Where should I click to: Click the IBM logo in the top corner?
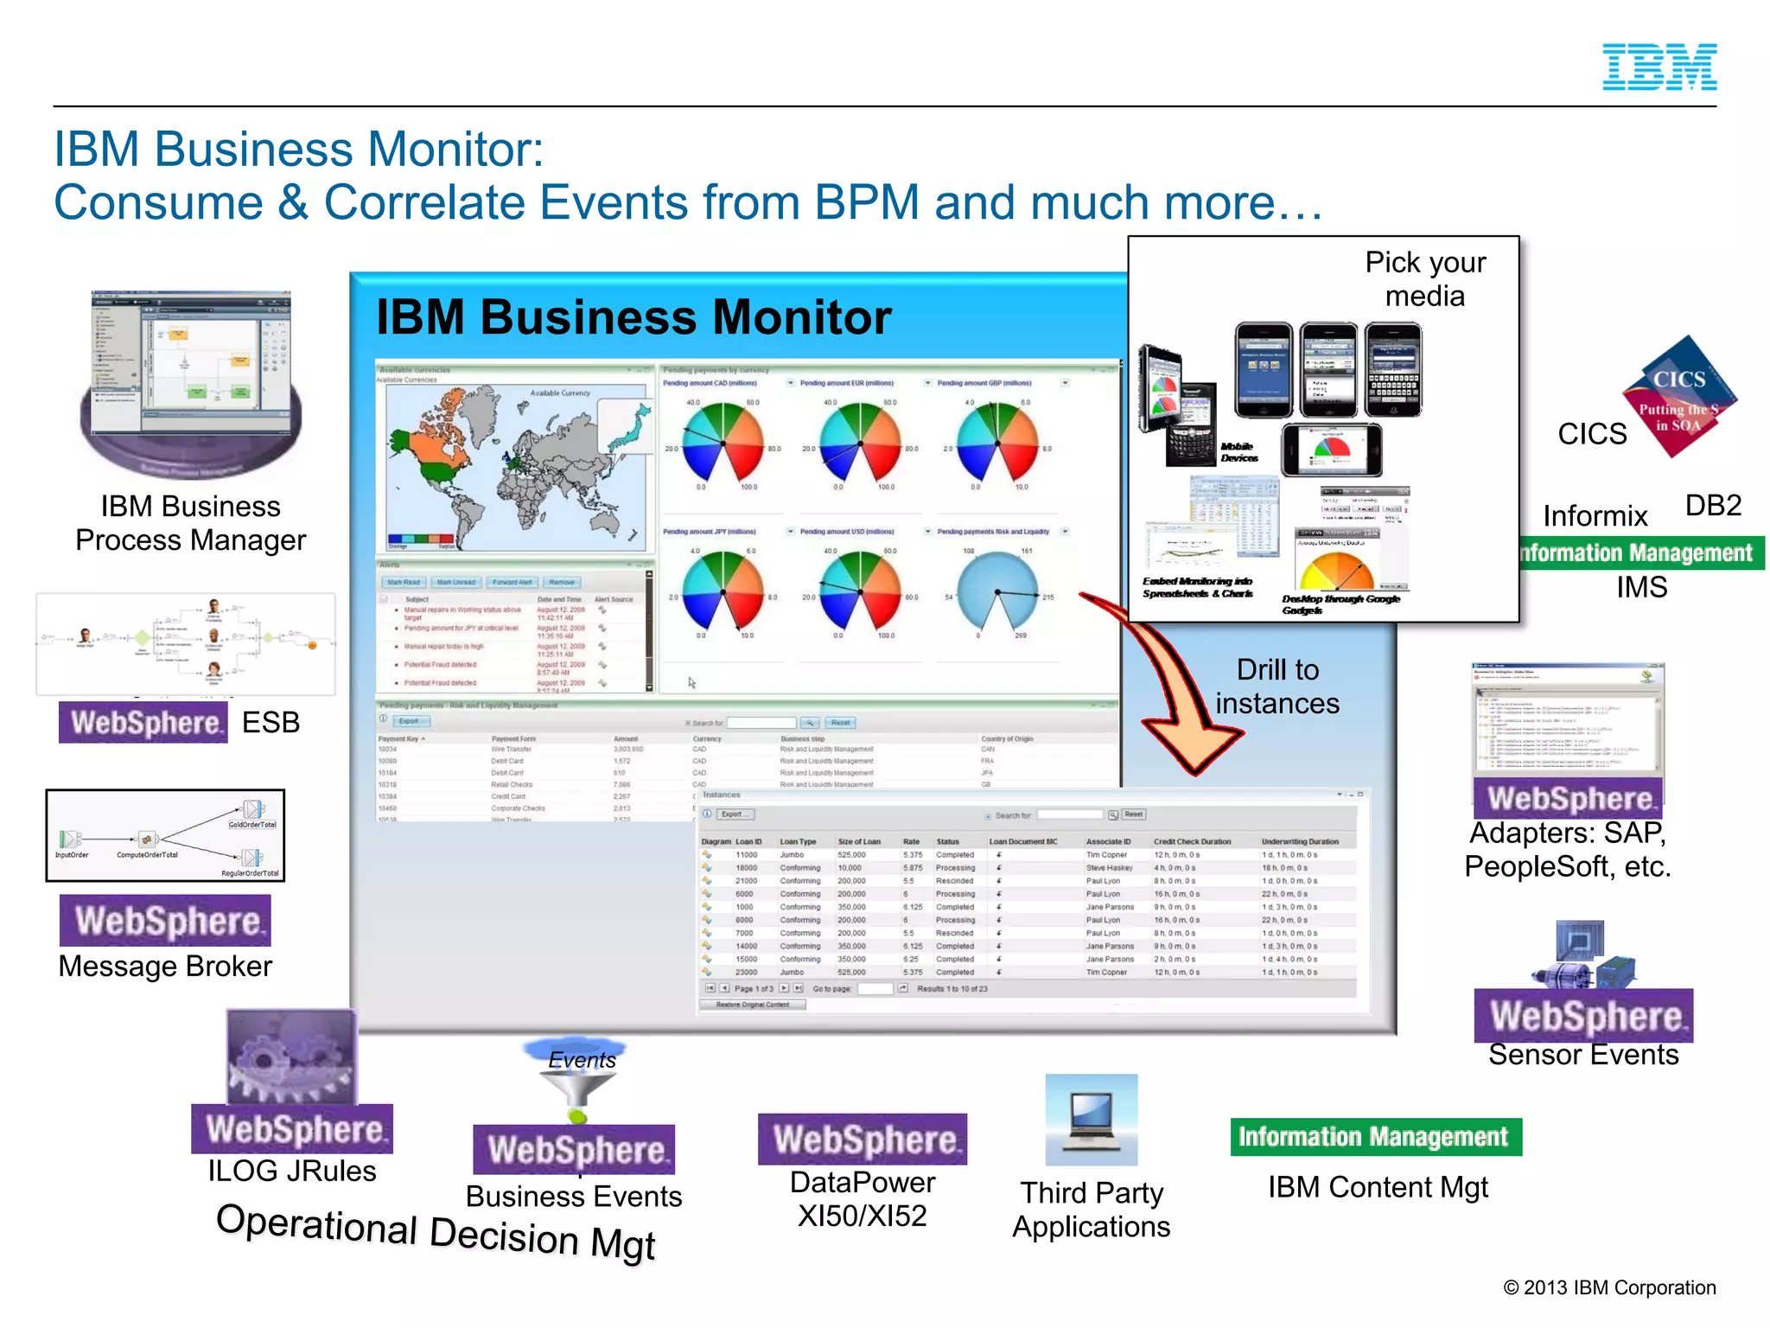pyautogui.click(x=1659, y=67)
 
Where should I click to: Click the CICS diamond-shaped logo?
pyautogui.click(x=1680, y=397)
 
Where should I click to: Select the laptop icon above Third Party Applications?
pyautogui.click(x=1091, y=1120)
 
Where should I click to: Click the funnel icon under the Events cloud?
pyautogui.click(x=577, y=1091)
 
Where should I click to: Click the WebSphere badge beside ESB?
pyautogui.click(x=143, y=723)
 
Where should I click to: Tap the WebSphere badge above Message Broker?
pyautogui.click(x=165, y=921)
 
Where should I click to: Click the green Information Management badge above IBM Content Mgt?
pyautogui.click(x=1375, y=1137)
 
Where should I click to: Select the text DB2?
pyautogui.click(x=1712, y=506)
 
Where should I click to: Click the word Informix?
pyautogui.click(x=1595, y=516)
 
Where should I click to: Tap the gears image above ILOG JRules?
pyautogui.click(x=291, y=1057)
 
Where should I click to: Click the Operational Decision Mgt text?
pyautogui.click(x=436, y=1232)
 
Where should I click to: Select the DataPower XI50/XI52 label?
pyautogui.click(x=862, y=1199)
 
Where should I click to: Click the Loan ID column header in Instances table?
pyautogui.click(x=748, y=841)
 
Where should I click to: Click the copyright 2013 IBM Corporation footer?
pyautogui.click(x=1608, y=1287)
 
